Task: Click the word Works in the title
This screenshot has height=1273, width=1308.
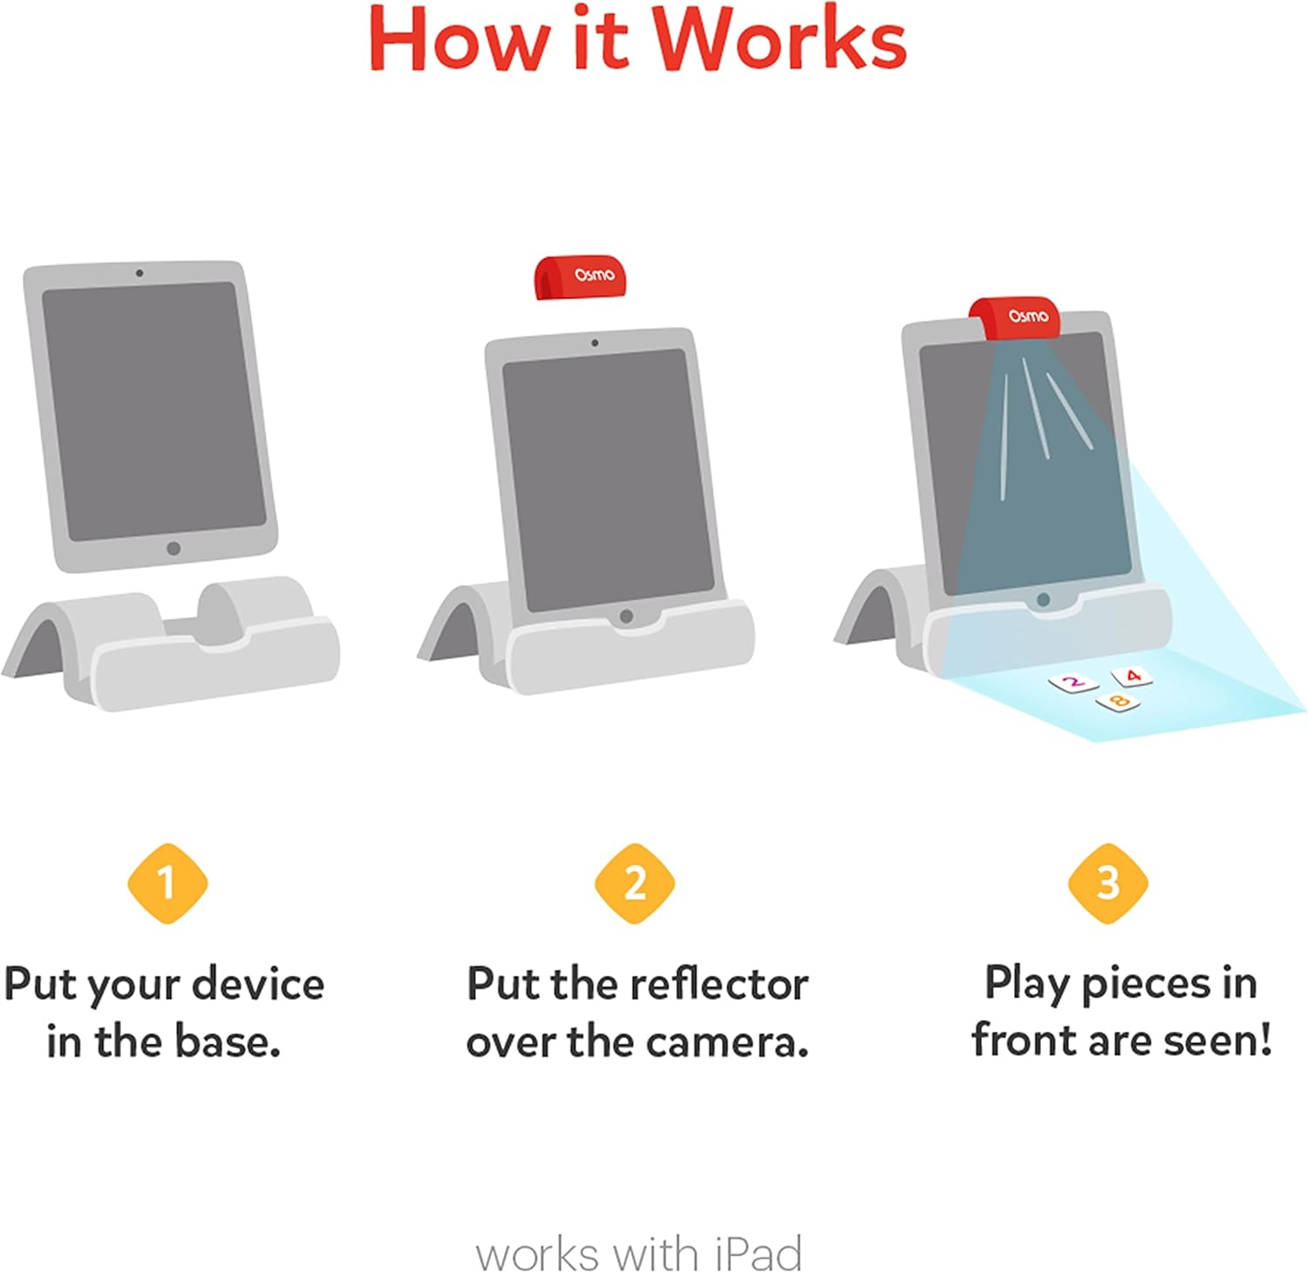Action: (780, 40)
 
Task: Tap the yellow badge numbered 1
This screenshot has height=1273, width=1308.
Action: (167, 883)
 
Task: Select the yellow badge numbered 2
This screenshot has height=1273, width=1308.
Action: (635, 883)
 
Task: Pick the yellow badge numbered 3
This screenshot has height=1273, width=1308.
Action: (1107, 883)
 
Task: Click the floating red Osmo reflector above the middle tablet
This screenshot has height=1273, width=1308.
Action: (580, 277)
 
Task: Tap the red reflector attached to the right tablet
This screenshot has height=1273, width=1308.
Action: (1016, 317)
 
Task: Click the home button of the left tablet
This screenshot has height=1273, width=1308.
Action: (174, 548)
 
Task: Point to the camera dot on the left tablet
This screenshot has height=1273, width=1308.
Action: (140, 273)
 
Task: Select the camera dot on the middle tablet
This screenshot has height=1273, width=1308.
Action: (595, 343)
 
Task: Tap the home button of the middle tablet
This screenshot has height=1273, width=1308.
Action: (625, 616)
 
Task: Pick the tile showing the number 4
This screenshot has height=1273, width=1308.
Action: (1132, 676)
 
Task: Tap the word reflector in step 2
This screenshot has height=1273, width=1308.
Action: (719, 984)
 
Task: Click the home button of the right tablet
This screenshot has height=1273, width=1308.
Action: (1043, 600)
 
